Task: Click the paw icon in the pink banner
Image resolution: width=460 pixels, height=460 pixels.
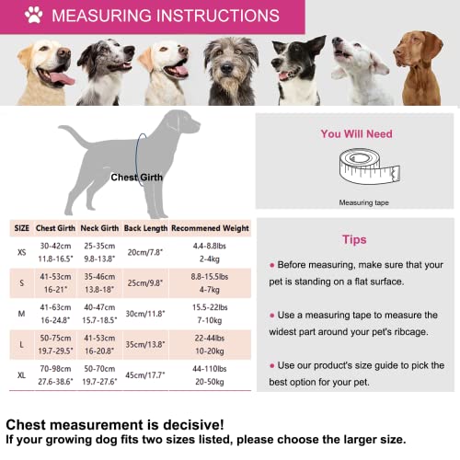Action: pyautogui.click(x=34, y=16)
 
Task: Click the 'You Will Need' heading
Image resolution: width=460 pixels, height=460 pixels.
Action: pyautogui.click(x=356, y=134)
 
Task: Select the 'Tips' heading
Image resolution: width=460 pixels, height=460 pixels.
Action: pyautogui.click(x=354, y=239)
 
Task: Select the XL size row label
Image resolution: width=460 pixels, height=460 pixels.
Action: pyautogui.click(x=20, y=374)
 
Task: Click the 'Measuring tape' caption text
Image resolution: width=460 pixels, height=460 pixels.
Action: pyautogui.click(x=355, y=201)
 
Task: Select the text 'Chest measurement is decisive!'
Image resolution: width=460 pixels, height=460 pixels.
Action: pyautogui.click(x=114, y=424)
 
